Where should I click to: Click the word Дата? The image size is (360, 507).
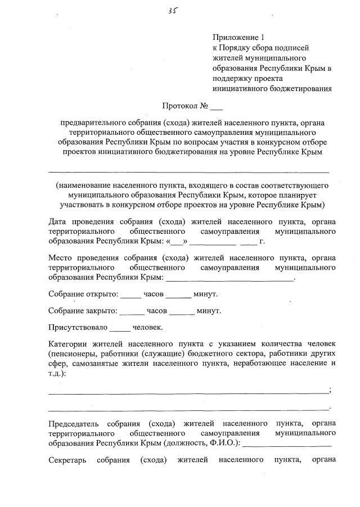pos(59,221)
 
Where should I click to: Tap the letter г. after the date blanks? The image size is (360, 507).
pos(261,242)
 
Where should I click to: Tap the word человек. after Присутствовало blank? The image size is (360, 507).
pos(148,327)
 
